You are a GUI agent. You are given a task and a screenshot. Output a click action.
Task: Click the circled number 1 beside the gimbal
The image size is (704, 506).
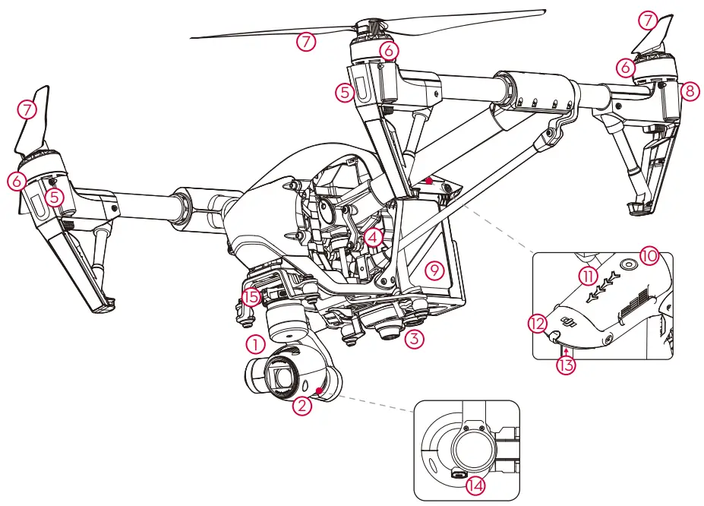pyautogui.click(x=256, y=344)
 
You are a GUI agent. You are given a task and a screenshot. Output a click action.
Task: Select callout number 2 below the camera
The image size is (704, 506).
pyautogui.click(x=302, y=406)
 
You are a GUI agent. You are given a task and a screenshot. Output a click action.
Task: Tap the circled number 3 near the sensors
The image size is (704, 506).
pyautogui.click(x=413, y=339)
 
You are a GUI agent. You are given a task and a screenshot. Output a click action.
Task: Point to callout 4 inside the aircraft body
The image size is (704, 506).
pyautogui.click(x=371, y=236)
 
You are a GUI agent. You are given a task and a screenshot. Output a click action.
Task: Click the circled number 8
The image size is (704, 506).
pyautogui.click(x=689, y=90)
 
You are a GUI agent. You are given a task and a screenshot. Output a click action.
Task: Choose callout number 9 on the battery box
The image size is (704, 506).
pyautogui.click(x=434, y=270)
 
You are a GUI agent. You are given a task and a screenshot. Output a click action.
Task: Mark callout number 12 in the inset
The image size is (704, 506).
pyautogui.click(x=538, y=323)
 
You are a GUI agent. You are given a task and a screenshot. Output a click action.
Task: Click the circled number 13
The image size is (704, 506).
pyautogui.click(x=566, y=365)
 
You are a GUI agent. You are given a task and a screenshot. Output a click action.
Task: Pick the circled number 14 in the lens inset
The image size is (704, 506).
pyautogui.click(x=475, y=485)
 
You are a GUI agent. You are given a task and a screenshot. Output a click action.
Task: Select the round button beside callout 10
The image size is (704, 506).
pyautogui.click(x=628, y=262)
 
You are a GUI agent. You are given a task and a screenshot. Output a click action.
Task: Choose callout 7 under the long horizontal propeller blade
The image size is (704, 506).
pyautogui.click(x=305, y=42)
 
